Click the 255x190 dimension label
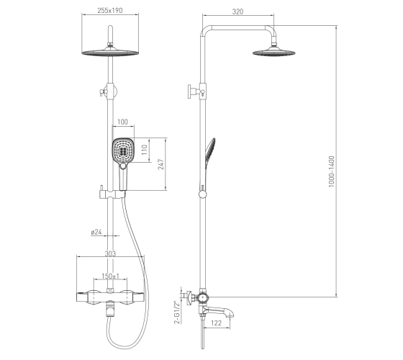(x=110, y=10)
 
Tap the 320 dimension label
(x=237, y=12)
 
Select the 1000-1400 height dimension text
(x=332, y=171)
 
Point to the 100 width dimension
(x=122, y=122)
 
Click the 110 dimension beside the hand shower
(x=144, y=150)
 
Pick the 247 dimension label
(x=160, y=164)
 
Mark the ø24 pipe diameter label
(x=96, y=232)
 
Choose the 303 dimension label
(x=110, y=253)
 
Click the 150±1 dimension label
(x=111, y=276)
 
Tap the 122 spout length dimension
(x=216, y=323)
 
